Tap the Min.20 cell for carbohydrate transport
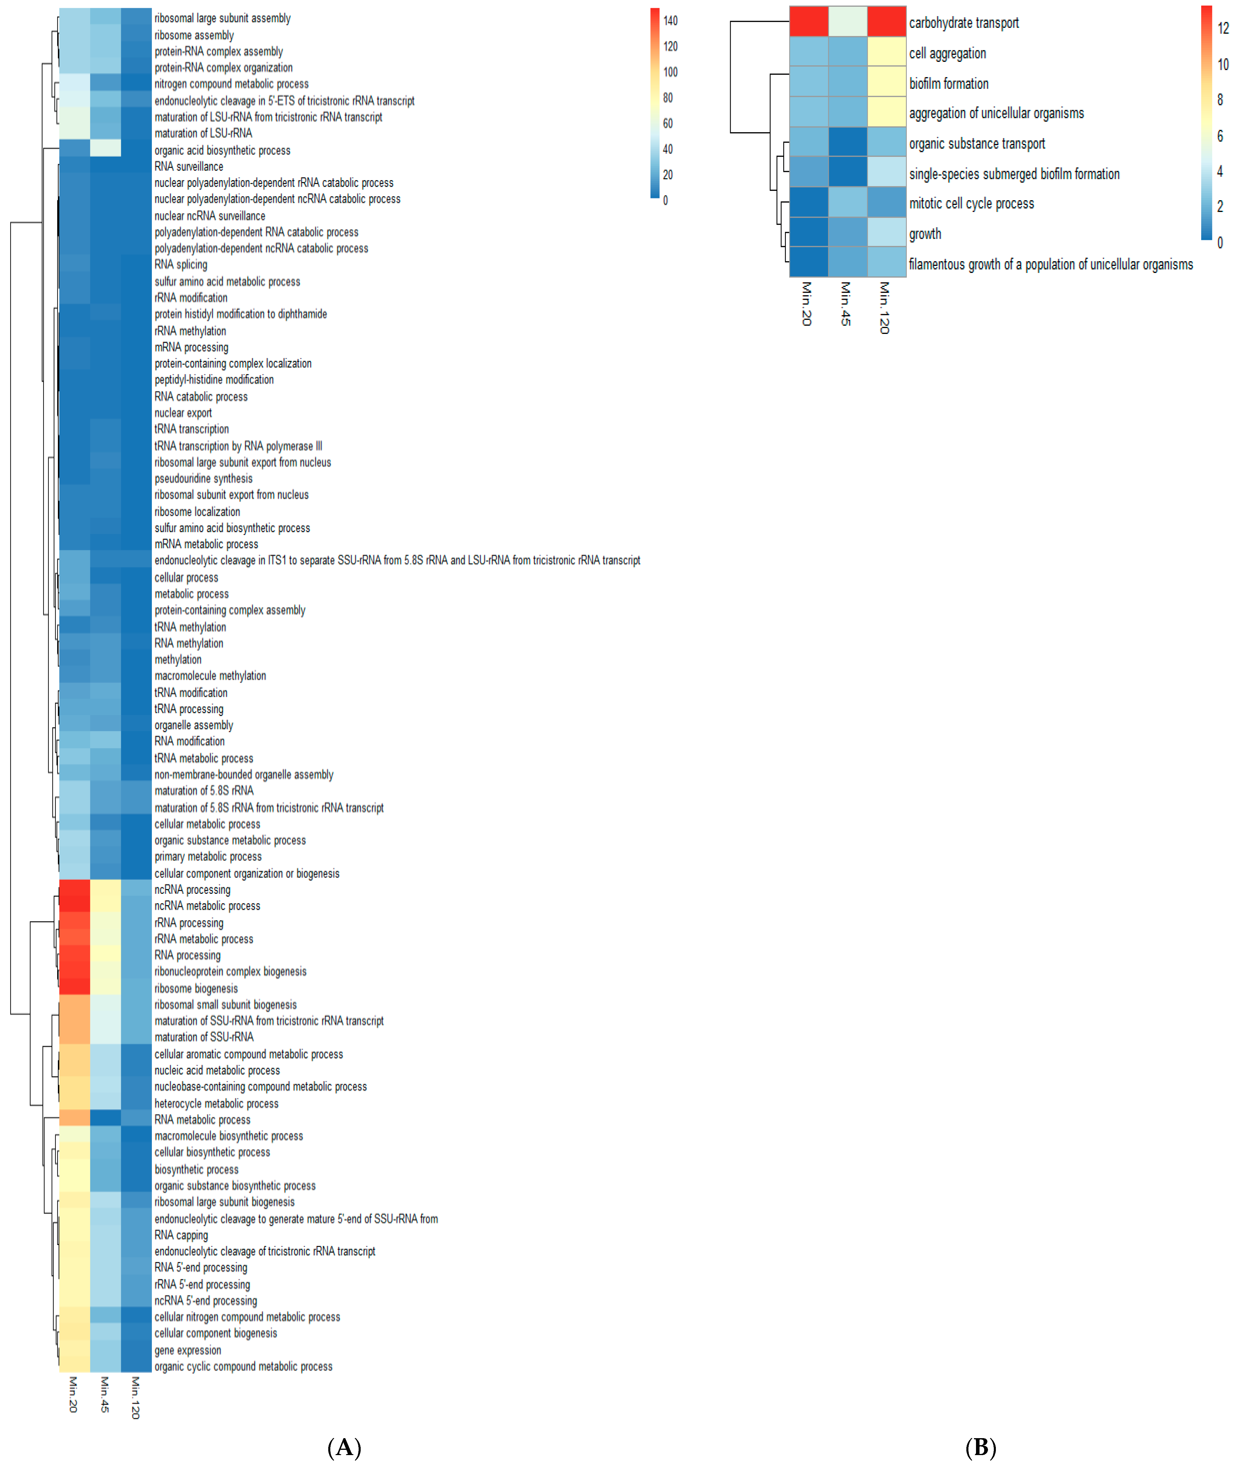tap(809, 22)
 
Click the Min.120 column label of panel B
tap(884, 307)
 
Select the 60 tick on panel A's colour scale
tap(668, 124)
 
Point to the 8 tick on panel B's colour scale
tap(1220, 100)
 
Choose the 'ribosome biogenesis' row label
tap(196, 989)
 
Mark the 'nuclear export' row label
tap(183, 413)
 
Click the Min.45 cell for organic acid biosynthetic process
tap(105, 149)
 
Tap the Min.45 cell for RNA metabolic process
tap(105, 1119)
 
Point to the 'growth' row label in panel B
tap(925, 234)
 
